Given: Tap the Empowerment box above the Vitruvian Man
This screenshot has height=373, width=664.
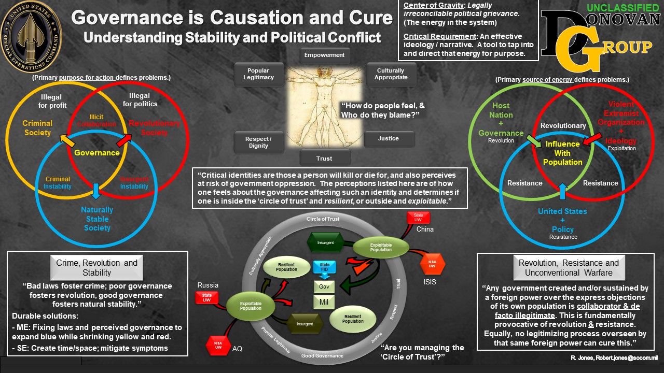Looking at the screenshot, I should (324, 55).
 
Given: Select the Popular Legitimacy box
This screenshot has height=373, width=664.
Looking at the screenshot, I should (258, 74).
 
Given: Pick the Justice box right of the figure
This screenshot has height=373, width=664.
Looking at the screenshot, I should (389, 139).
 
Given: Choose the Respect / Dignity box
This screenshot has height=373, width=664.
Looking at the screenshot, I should (258, 142).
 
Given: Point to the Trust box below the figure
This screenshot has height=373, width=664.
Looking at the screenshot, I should (324, 158).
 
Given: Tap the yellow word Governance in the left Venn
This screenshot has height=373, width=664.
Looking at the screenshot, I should (97, 153).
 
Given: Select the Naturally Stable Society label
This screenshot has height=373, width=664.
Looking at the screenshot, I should (97, 219).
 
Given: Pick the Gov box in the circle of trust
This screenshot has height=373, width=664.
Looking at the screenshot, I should (324, 286).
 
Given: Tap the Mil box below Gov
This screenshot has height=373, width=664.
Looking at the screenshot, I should (324, 302).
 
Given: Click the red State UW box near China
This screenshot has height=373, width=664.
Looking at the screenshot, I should (419, 218).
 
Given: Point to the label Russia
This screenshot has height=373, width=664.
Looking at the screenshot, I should (208, 285).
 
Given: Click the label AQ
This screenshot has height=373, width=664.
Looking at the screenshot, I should (238, 349).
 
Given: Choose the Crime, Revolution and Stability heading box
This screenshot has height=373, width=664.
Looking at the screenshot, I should (97, 267).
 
